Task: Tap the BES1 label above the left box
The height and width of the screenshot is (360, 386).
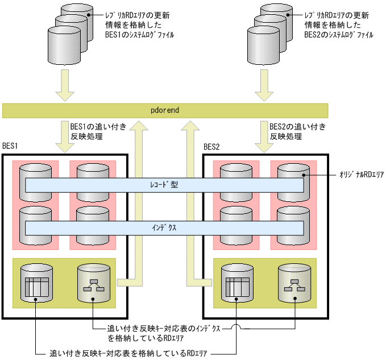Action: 11,147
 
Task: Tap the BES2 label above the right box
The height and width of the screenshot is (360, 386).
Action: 211,147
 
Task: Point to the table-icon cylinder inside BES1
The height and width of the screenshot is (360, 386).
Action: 36,283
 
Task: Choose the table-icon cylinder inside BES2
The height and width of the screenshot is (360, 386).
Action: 236,283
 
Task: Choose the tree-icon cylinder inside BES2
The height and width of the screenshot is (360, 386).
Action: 294,283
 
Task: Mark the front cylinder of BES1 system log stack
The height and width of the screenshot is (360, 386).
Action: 61,47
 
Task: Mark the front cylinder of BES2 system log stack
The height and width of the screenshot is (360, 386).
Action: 262,47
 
